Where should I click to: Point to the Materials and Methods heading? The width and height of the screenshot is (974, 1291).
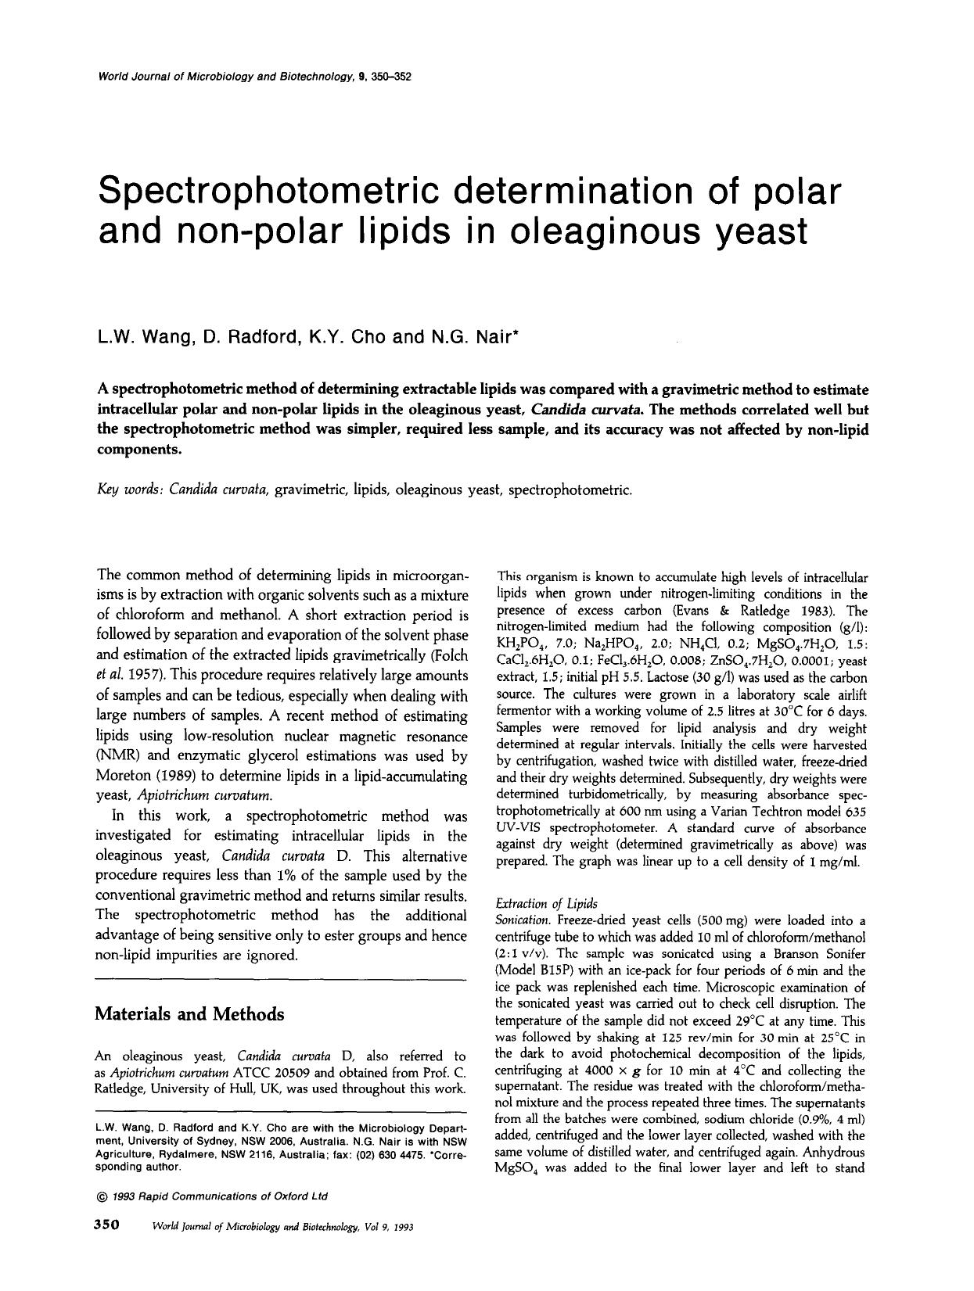coord(189,1014)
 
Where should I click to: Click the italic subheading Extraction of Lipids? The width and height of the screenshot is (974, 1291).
coord(547,903)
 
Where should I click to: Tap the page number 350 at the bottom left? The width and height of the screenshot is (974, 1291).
coord(106,1225)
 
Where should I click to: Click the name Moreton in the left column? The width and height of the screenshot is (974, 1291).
coord(124,776)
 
